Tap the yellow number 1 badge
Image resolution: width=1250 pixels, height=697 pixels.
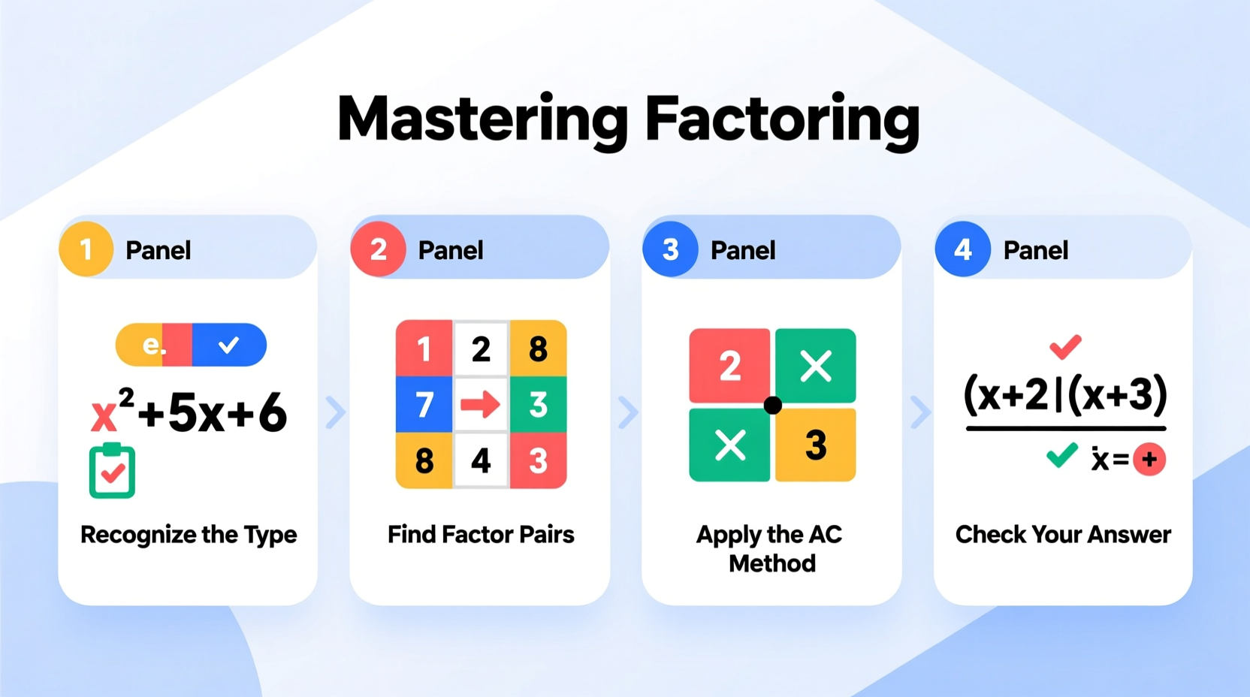(86, 249)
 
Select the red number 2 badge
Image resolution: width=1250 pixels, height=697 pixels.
(378, 249)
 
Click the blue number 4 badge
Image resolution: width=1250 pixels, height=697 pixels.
(962, 249)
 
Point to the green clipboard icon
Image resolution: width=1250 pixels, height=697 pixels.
(112, 472)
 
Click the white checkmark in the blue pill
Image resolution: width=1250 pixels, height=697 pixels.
(228, 345)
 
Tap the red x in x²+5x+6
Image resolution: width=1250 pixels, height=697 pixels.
(104, 416)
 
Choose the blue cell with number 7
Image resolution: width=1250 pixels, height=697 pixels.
(424, 405)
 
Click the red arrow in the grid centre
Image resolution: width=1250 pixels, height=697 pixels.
(481, 405)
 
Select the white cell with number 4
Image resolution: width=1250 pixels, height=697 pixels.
(481, 460)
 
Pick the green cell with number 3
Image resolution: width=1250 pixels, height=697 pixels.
(538, 405)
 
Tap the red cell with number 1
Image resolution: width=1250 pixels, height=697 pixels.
(424, 348)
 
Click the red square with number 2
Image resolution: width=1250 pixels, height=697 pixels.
(729, 366)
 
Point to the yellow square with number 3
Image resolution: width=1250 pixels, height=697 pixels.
(816, 445)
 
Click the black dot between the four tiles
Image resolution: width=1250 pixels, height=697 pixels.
(772, 406)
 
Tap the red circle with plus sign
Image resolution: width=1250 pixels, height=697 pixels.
(1149, 460)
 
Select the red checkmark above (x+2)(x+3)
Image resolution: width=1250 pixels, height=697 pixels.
(1065, 346)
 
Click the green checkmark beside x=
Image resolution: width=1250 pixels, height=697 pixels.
(1061, 455)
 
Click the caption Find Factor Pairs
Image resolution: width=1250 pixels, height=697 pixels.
(481, 535)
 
